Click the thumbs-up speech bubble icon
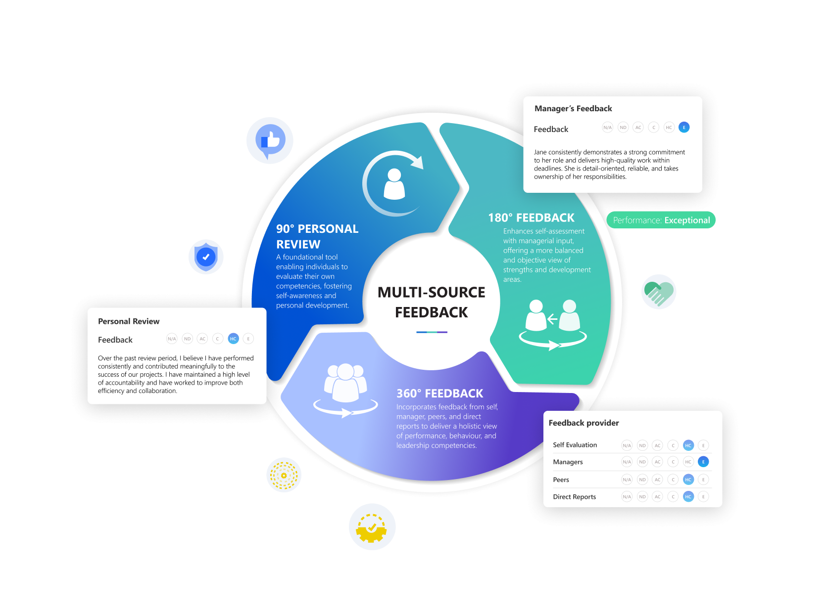[270, 140]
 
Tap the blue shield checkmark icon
[206, 257]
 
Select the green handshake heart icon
[659, 292]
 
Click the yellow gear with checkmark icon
[372, 527]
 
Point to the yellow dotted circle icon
[284, 475]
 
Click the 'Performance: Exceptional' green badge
[661, 220]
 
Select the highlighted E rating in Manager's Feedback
[684, 128]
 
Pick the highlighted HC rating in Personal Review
[233, 339]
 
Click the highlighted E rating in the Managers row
[703, 462]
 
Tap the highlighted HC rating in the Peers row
[688, 480]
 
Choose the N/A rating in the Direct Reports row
[627, 497]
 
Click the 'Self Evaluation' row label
[575, 445]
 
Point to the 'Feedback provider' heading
[584, 423]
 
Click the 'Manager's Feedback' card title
[573, 109]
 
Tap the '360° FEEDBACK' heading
[439, 393]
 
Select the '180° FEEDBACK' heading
[531, 218]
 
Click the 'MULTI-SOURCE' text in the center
[431, 292]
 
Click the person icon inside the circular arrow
[394, 184]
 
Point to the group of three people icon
[345, 383]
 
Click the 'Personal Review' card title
[129, 321]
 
